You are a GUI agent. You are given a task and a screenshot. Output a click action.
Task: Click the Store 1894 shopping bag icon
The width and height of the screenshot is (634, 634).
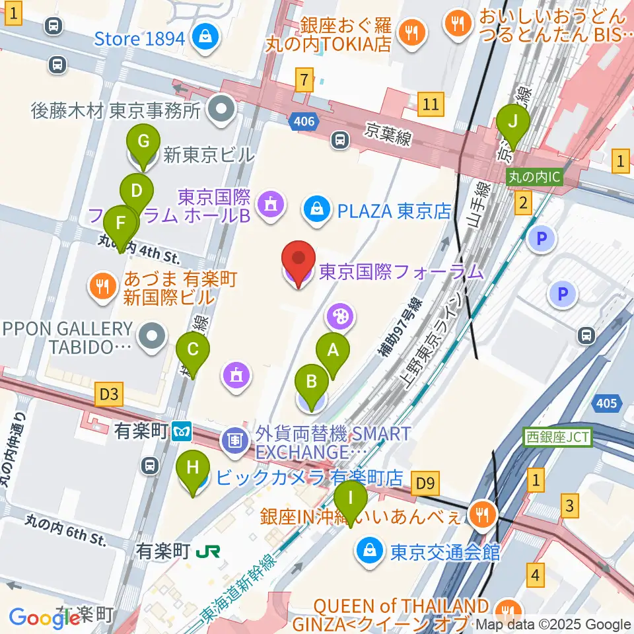click(206, 36)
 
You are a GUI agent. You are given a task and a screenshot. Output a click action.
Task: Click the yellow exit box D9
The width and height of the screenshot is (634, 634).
click(425, 484)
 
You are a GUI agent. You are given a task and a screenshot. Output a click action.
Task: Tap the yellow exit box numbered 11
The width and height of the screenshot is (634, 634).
click(431, 104)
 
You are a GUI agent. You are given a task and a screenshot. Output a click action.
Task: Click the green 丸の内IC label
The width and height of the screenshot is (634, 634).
click(534, 177)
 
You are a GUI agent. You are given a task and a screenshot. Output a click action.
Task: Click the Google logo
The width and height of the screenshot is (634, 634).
click(43, 617)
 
